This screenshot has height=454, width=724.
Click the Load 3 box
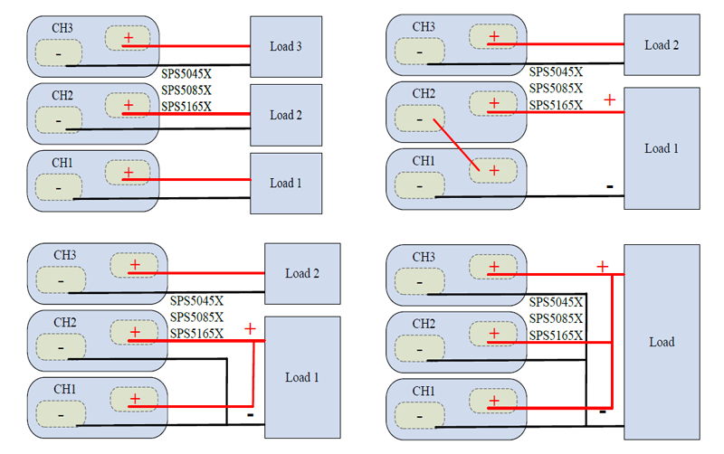tap(286, 47)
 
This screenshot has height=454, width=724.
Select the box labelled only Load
tap(662, 342)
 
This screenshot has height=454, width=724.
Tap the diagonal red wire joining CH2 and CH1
tap(456, 143)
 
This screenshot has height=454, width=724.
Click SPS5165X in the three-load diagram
tap(186, 107)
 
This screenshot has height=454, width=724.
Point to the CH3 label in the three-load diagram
tap(62, 27)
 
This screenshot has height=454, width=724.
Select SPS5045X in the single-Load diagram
tap(556, 301)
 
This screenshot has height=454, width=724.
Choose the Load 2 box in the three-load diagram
tap(286, 115)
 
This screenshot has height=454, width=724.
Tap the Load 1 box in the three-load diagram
tap(286, 183)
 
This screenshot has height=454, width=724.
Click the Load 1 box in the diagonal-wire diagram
tap(662, 148)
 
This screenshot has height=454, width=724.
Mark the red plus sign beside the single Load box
tap(602, 266)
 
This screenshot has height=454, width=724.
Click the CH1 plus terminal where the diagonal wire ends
tap(494, 170)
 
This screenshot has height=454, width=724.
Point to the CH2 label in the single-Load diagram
tap(424, 324)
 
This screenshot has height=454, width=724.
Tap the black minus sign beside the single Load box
tap(603, 411)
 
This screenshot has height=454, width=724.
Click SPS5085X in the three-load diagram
tap(186, 90)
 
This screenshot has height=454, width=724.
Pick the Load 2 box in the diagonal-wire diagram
tap(662, 44)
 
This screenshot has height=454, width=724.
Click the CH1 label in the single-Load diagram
tap(424, 391)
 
